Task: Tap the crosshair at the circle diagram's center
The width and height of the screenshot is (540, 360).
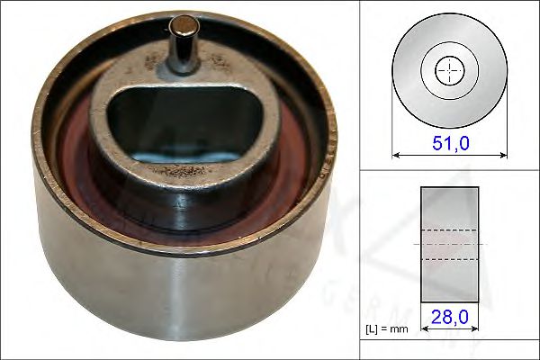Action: coord(449,70)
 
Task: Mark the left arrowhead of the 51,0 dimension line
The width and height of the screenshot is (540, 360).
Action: coord(396,154)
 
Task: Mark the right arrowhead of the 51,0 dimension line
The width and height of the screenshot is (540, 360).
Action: coord(503,154)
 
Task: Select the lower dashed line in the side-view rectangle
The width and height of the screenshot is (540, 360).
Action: coord(450,259)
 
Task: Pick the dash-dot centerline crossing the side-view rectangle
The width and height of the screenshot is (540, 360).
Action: coord(450,244)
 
